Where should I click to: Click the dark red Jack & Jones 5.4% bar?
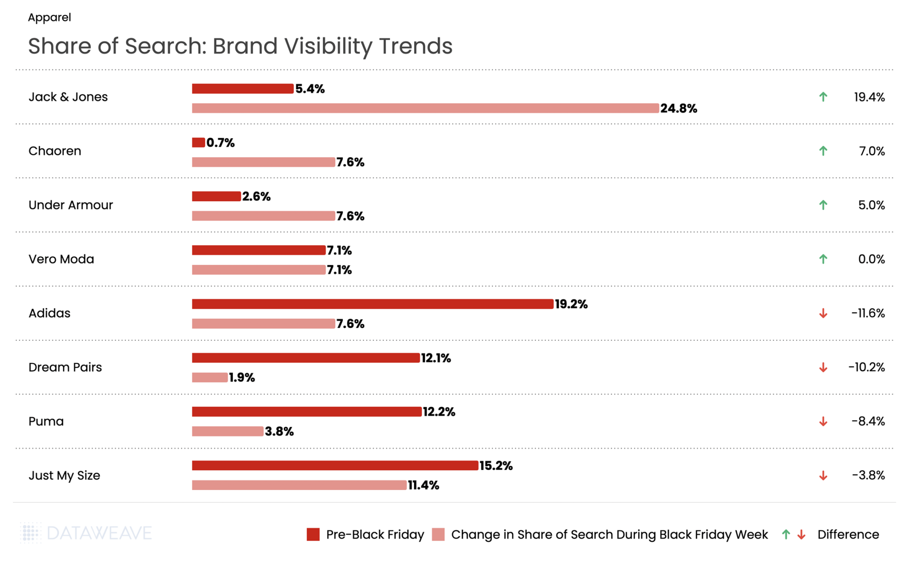[242, 89]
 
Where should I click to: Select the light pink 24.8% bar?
[425, 108]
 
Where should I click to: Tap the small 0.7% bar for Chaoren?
[198, 143]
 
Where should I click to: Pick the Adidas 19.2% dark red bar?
[372, 304]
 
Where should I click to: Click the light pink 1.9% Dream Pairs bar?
[209, 378]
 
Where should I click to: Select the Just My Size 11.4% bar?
[299, 485]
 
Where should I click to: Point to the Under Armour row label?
[71, 205]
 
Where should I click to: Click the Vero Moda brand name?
[61, 259]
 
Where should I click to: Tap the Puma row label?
[46, 421]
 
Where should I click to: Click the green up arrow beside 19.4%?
[823, 97]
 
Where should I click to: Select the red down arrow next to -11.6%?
[823, 314]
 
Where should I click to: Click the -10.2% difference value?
[866, 367]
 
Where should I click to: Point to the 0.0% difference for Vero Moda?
[871, 259]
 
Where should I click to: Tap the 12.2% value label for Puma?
[439, 412]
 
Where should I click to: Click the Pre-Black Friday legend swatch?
[313, 535]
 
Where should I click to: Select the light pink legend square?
[438, 535]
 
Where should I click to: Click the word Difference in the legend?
[848, 535]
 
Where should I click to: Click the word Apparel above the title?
[50, 17]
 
